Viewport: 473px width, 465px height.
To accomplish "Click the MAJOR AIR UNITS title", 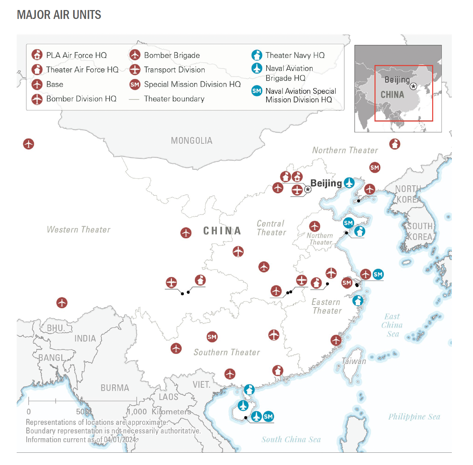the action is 59,15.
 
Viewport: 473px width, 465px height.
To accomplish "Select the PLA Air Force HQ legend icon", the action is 37,55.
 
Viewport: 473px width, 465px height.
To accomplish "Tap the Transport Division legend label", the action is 174,70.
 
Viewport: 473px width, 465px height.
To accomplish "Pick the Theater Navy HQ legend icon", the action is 257,55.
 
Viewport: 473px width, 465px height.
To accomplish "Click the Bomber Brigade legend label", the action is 172,55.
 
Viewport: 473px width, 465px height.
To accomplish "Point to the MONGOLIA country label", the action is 192,141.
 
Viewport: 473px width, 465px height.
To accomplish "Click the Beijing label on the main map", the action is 326,183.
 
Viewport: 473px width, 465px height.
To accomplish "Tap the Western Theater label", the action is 79,230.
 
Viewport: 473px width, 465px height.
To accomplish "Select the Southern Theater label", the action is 226,352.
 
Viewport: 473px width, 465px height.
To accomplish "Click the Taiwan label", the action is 354,361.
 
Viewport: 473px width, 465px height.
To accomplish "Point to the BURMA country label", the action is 115,388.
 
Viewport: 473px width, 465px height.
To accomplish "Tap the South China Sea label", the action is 291,439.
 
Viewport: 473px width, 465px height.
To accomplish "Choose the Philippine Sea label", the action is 414,417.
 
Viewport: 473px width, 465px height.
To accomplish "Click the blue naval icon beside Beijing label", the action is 349,183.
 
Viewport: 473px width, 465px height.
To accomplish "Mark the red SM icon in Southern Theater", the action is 212,337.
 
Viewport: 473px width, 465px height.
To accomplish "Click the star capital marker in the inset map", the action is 413,86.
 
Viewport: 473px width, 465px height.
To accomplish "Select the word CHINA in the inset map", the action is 392,95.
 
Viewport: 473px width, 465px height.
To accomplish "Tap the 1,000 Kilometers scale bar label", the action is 159,412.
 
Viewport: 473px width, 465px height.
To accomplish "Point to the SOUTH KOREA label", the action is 420,231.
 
